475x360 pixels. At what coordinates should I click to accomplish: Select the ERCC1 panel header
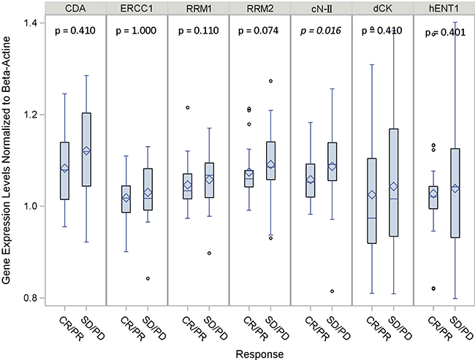(137, 9)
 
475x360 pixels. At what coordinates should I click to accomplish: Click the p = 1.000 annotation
(137, 33)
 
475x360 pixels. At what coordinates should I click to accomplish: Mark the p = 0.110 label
(198, 33)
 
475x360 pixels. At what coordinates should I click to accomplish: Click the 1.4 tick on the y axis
(32, 23)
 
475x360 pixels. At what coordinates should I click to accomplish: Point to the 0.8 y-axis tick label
(32, 298)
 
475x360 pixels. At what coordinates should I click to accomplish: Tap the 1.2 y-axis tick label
(32, 115)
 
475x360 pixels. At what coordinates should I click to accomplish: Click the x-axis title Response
(259, 352)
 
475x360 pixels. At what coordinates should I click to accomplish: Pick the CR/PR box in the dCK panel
(371, 201)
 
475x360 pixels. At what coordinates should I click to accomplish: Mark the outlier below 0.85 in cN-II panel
(333, 291)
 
